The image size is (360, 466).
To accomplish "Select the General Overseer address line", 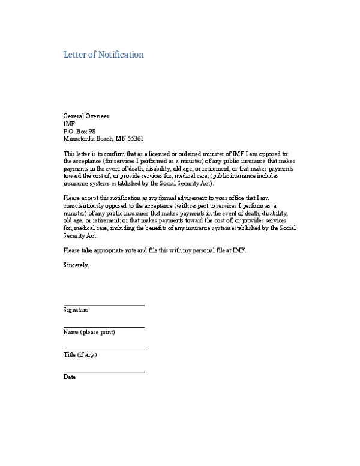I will pos(86,116).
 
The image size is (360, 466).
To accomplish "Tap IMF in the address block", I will pos(69,123).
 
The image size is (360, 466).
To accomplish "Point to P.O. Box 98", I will pos(79,130).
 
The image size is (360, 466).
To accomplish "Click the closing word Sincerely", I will pos(76,265).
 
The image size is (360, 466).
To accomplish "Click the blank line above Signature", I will pos(104,306).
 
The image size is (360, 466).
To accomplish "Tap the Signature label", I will pos(76,310).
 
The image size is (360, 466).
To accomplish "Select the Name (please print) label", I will pos(89,332).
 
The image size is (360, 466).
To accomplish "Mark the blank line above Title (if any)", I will pos(104,349).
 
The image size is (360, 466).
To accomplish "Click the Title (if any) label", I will pos(80,354).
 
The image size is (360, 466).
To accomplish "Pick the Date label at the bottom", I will pos(70,377).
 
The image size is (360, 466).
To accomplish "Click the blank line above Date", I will pos(104,372).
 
